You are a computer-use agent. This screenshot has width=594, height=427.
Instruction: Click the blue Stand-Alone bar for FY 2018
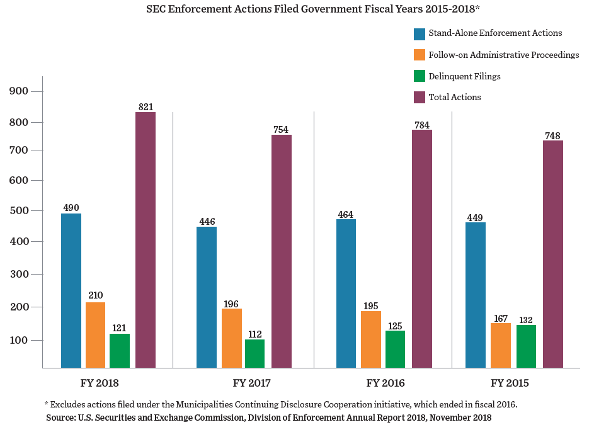click(71, 290)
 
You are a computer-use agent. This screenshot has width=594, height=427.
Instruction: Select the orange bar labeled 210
click(96, 335)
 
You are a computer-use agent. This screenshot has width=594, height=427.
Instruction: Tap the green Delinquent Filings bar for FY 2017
click(255, 353)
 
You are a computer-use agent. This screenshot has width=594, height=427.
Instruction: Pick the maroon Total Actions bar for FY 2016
click(422, 249)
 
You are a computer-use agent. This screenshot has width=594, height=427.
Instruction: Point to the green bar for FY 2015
click(526, 346)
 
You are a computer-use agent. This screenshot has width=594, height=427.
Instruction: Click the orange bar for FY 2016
click(371, 339)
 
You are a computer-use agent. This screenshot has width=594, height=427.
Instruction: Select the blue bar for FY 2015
click(476, 295)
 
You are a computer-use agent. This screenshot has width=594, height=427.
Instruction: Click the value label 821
click(146, 107)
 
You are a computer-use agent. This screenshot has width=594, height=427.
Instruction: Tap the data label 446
click(207, 221)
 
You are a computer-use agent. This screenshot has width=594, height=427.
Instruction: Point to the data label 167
click(501, 318)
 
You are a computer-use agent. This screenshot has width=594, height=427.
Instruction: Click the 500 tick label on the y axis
click(20, 210)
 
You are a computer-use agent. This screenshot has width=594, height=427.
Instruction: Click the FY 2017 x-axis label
click(251, 383)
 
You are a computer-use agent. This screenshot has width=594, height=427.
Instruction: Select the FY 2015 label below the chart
click(510, 383)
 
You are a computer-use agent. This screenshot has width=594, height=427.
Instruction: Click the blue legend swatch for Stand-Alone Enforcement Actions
click(420, 34)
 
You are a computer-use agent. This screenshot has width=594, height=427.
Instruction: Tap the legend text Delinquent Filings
click(464, 76)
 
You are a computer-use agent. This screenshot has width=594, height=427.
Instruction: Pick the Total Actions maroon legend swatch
click(420, 97)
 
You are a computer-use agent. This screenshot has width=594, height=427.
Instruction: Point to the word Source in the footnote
click(60, 418)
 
